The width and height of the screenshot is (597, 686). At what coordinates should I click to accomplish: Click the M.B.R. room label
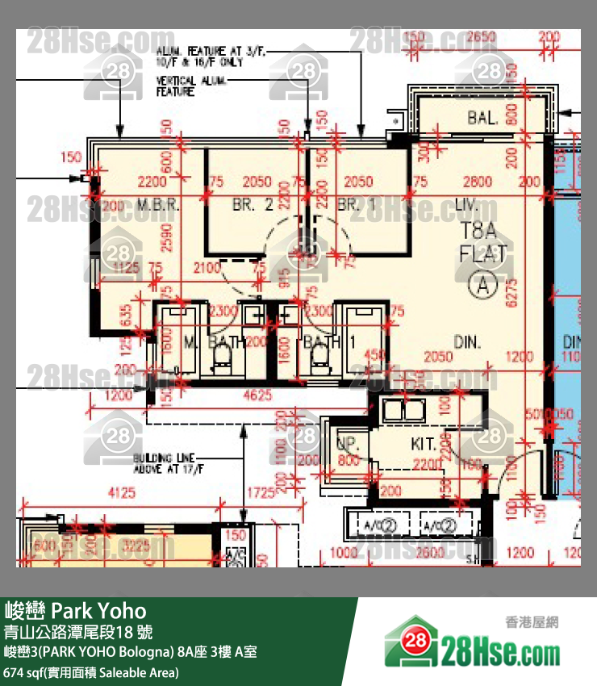(157, 206)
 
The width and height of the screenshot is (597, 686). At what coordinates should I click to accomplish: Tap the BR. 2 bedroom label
(253, 206)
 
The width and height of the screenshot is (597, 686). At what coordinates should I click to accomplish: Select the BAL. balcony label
(482, 119)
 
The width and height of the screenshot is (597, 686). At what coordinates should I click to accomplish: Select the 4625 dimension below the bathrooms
(257, 395)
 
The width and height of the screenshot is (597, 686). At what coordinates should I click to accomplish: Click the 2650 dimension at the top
(481, 37)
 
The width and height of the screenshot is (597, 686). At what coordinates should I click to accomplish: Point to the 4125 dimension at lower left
(121, 491)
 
